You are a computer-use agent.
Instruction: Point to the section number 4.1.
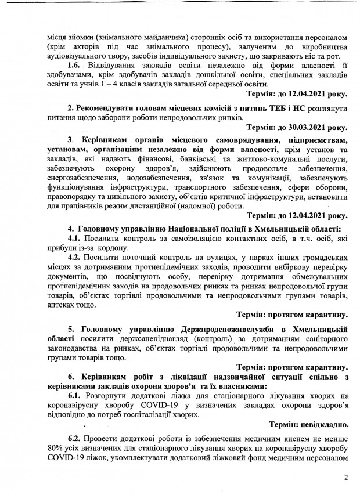(75, 239)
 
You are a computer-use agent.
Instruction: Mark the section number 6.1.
(75, 395)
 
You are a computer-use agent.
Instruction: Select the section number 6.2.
(75, 437)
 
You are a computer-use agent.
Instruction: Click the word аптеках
(64, 303)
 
